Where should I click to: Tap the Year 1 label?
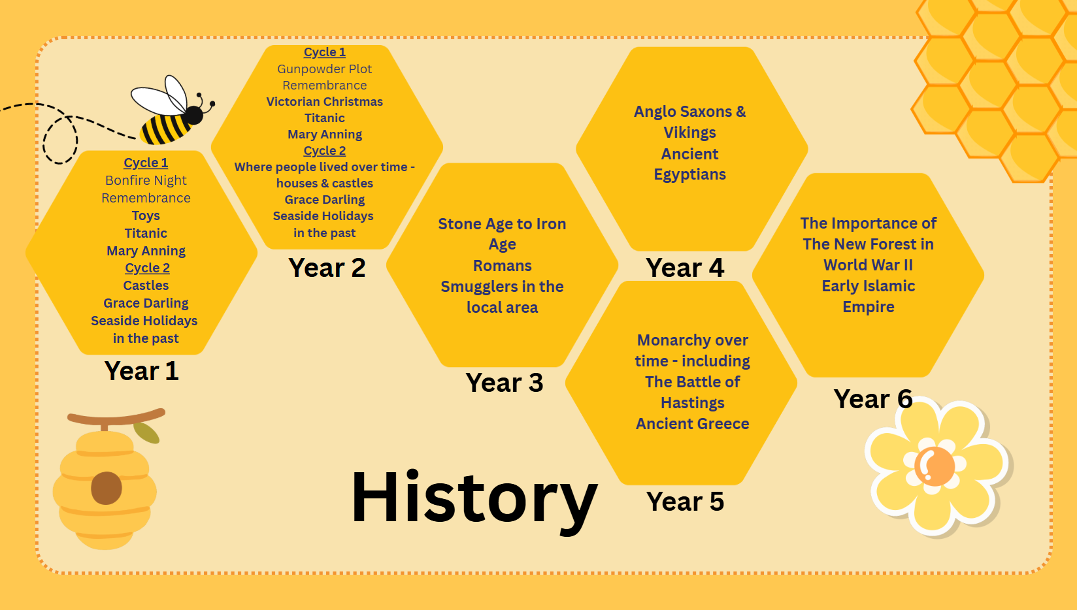(141, 371)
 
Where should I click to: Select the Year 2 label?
(327, 268)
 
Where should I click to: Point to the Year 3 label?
(505, 383)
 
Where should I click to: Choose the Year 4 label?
(685, 268)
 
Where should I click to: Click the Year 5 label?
(685, 502)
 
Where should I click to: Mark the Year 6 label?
(873, 398)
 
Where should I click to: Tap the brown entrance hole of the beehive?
(107, 488)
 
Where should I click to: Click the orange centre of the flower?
(935, 466)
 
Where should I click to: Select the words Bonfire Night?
(146, 181)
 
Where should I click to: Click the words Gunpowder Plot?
(325, 69)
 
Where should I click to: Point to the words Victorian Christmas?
(325, 102)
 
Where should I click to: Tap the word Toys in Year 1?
(146, 216)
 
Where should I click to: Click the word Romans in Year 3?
(503, 266)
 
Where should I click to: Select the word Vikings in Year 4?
(690, 133)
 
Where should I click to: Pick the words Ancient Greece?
(692, 424)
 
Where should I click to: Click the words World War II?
(869, 265)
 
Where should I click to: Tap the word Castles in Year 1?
(146, 286)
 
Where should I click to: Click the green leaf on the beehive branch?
(146, 433)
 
